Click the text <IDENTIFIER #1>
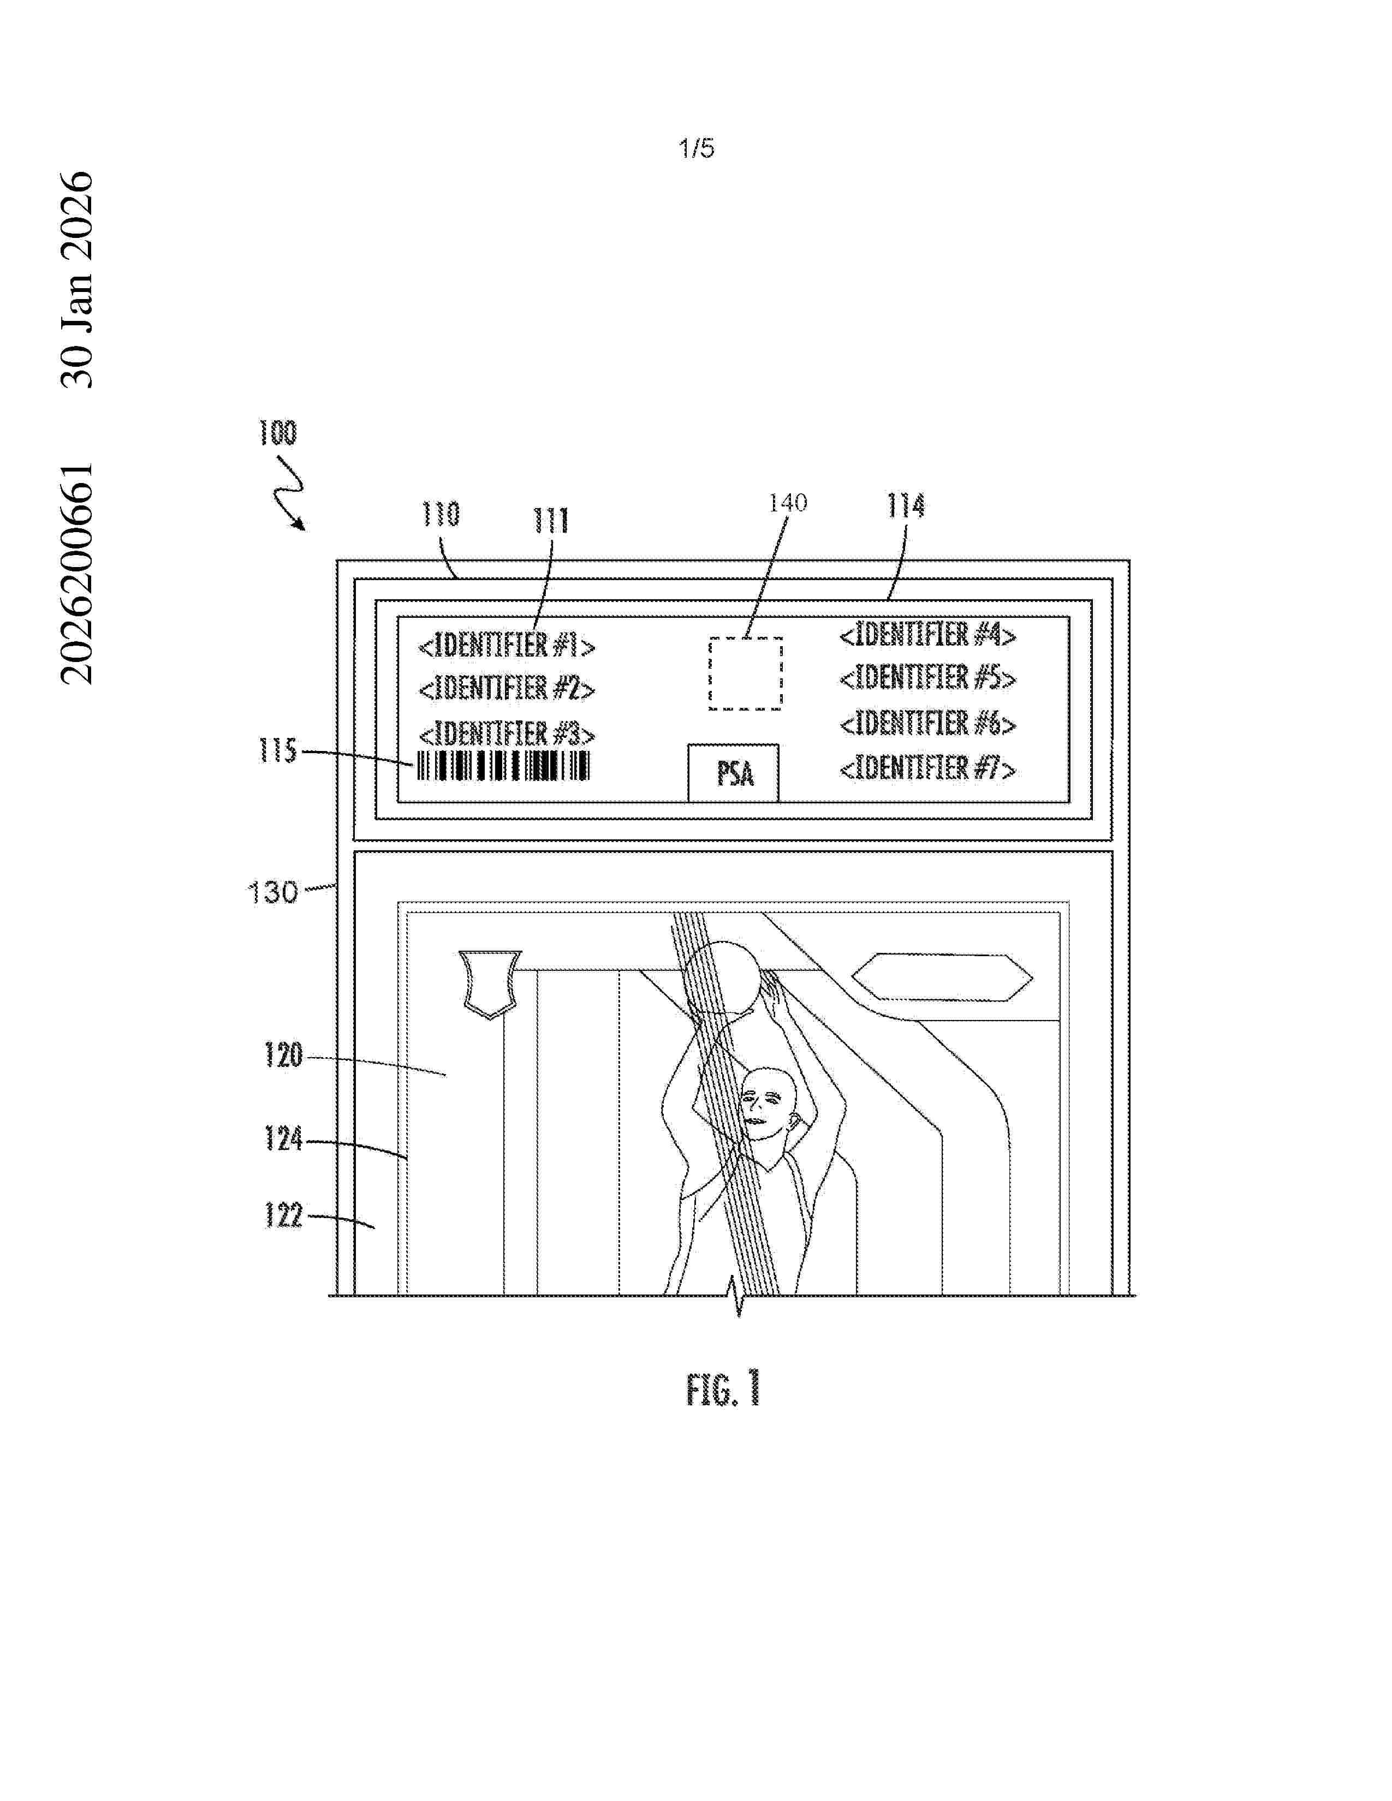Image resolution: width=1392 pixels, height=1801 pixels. coord(507,645)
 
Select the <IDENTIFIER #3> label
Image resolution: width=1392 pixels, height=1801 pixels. coord(507,733)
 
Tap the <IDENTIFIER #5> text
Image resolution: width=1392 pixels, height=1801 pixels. coord(927,678)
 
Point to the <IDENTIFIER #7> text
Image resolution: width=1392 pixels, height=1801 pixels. coord(927,768)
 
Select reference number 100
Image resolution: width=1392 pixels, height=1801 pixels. coord(278,433)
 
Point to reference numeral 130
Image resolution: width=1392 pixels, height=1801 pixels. coord(273,892)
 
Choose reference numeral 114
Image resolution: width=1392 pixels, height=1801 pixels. coord(906,505)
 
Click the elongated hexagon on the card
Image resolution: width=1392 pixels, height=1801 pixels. coord(942,977)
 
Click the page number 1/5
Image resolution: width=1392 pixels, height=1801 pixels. coord(696,148)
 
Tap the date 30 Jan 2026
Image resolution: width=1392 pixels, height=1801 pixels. coord(78,279)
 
